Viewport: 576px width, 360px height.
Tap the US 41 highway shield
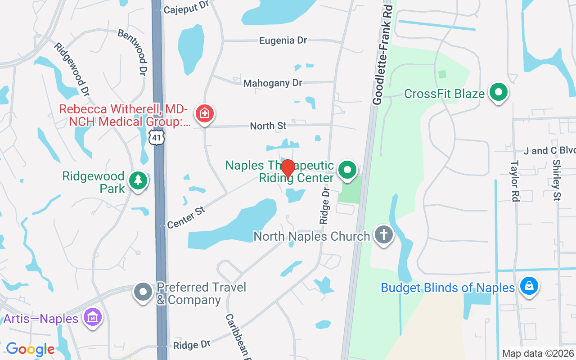coord(157,138)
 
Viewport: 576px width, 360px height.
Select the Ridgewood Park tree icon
coord(138,180)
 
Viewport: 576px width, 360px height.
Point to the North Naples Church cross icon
coord(383,234)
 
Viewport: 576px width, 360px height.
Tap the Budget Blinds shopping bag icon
coord(529,286)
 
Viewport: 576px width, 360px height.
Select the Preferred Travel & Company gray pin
coord(144,292)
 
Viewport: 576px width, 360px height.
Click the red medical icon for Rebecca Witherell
coord(204,113)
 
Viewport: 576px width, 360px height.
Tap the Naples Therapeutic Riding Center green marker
coord(347,170)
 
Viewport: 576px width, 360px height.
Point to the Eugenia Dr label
coord(283,40)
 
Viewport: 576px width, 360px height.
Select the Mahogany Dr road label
coord(273,83)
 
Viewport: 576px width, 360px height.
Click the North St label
coord(268,126)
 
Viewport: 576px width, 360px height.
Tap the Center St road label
coord(186,217)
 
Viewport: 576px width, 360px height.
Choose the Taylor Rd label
coord(515,181)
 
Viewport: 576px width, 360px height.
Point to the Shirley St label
coord(557,180)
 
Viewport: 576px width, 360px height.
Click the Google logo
coord(30,349)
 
